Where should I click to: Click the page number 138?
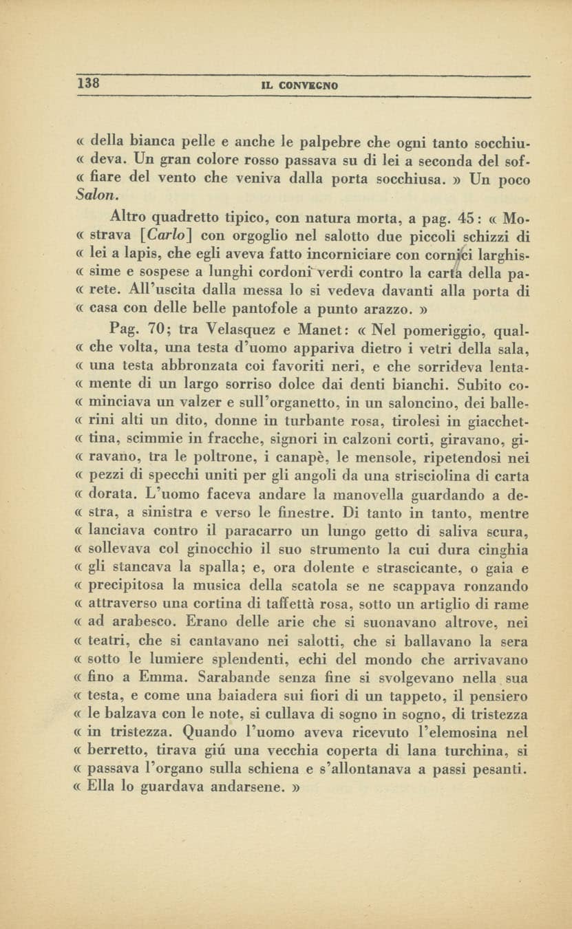89,83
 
